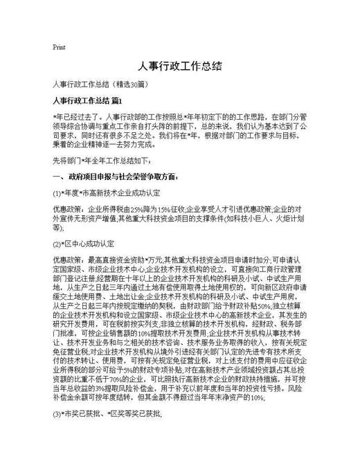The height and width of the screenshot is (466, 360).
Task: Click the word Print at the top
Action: point(59,47)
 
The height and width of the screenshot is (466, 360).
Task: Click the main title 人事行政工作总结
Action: point(179,66)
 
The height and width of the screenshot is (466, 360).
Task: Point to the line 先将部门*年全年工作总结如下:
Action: point(102,159)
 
